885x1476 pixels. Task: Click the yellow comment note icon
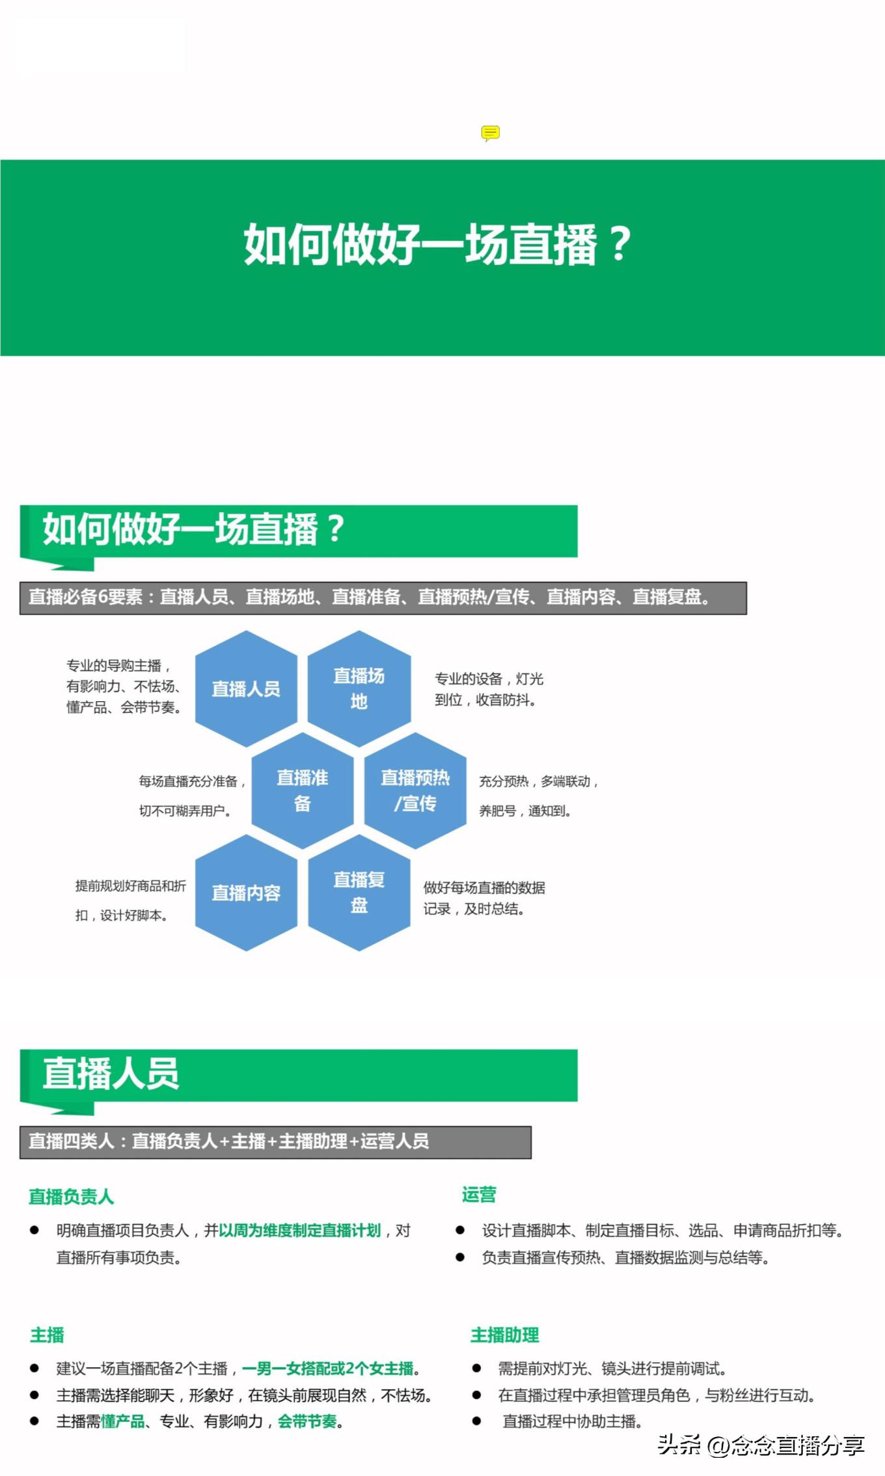click(490, 133)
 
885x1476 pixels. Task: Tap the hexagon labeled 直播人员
click(246, 688)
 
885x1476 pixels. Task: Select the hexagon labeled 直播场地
click(359, 688)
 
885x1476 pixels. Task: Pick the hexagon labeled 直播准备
click(303, 790)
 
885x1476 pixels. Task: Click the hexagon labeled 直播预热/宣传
click(415, 790)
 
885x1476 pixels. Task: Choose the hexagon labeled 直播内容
click(246, 893)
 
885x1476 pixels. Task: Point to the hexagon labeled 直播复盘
click(359, 893)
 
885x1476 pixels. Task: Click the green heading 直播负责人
click(72, 1196)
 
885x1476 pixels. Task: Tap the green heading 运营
click(479, 1194)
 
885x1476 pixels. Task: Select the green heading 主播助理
click(505, 1335)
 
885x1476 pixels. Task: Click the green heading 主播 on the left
click(48, 1335)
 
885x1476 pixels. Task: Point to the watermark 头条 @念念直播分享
click(761, 1445)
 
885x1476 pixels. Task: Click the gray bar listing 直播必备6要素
click(383, 598)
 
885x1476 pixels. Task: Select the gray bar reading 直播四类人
click(275, 1142)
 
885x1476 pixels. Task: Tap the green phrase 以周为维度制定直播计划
click(300, 1230)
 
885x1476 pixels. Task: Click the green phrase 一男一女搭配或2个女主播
click(328, 1369)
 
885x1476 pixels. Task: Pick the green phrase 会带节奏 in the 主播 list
click(307, 1421)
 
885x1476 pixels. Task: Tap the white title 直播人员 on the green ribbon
click(111, 1074)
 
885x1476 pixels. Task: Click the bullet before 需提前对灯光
click(476, 1369)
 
